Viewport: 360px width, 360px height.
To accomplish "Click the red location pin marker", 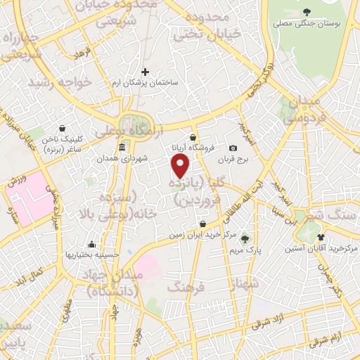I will (181, 166).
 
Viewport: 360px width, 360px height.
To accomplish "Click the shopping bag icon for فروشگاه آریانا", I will (193, 136).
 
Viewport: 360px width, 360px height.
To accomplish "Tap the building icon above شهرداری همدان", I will (122, 148).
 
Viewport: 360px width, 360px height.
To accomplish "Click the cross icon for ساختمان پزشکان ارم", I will (146, 72).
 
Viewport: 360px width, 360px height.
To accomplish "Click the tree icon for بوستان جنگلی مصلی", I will (307, 11).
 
